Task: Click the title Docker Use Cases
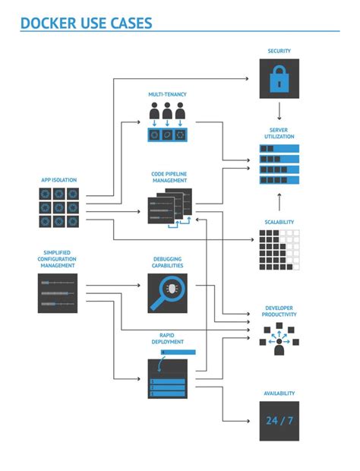click(x=86, y=24)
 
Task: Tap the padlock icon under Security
click(x=279, y=79)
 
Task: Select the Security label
click(x=279, y=52)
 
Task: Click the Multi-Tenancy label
click(x=167, y=94)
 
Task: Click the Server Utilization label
click(x=279, y=133)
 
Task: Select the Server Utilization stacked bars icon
click(x=279, y=164)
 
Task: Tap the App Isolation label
click(x=58, y=180)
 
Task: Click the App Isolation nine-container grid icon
click(x=58, y=207)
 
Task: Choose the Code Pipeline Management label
click(x=169, y=177)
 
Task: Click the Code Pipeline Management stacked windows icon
click(x=169, y=207)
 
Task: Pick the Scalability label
click(x=279, y=222)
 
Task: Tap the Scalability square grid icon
click(x=279, y=248)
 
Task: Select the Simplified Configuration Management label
click(x=58, y=259)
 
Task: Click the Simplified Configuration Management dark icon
click(x=58, y=293)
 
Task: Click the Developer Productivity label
click(x=279, y=311)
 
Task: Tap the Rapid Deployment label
click(x=167, y=338)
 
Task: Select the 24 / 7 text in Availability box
click(x=279, y=420)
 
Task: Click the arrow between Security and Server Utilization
click(x=279, y=111)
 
